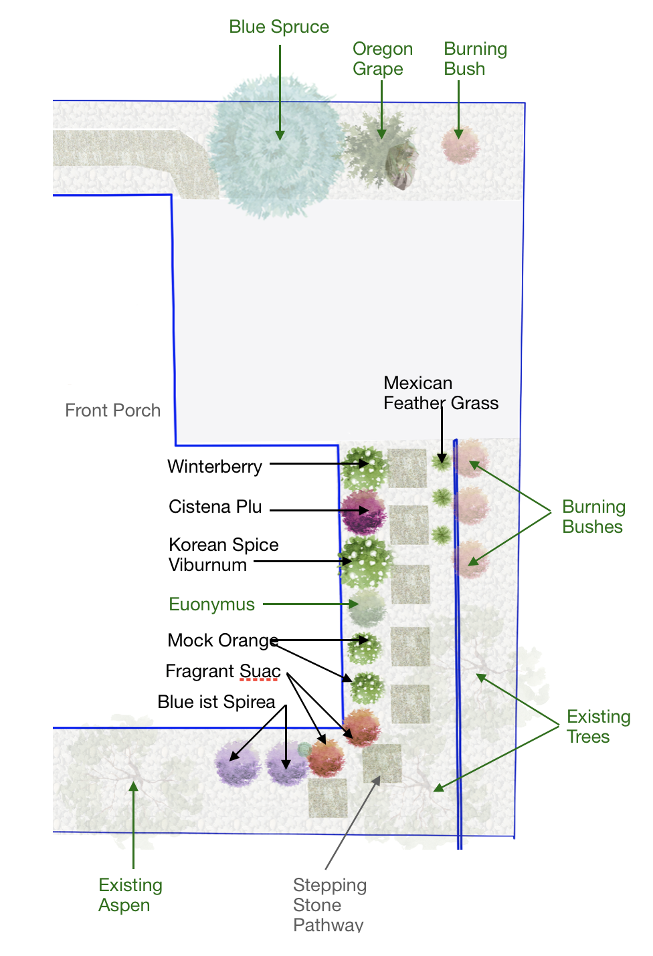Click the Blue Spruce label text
coord(279,27)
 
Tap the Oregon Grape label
coord(382,59)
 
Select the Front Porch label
coord(113,410)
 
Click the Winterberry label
coord(215,467)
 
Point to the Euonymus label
coord(211,604)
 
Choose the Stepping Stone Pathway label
coord(329,905)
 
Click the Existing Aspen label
coord(130,895)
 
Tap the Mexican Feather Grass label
coord(440,393)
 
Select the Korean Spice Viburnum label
coord(223,555)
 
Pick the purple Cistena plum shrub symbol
coord(363,511)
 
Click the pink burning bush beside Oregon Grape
coord(460,144)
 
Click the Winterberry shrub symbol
coord(364,466)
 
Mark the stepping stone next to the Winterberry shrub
coord(407,468)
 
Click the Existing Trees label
coord(598,727)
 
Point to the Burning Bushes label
coord(593,517)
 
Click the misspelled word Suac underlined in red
coord(260,671)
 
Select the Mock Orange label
coord(222,640)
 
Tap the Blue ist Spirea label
coord(216,702)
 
